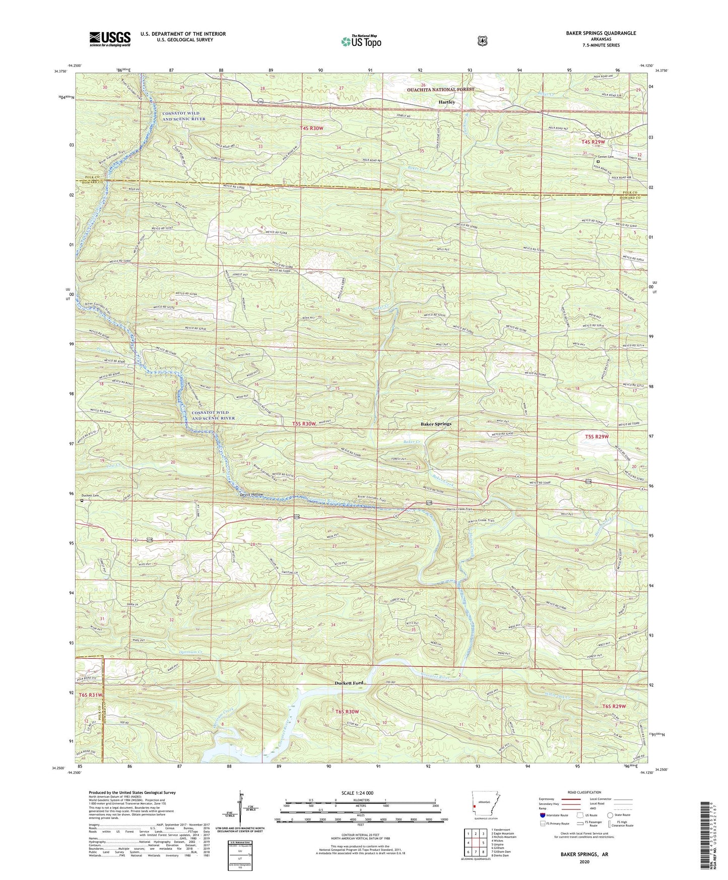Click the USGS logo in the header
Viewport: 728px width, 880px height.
tap(110, 39)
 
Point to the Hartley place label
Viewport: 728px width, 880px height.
tap(446, 102)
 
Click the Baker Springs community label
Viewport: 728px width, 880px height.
tap(436, 424)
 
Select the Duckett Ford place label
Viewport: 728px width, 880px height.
tap(349, 683)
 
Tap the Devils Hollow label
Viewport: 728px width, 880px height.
tap(250, 494)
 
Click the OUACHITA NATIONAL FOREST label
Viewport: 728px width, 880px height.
tap(441, 90)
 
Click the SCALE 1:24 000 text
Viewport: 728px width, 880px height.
tap(357, 793)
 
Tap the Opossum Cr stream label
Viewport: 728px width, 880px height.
tap(191, 652)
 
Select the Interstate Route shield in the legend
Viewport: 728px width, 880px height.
tap(542, 814)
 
